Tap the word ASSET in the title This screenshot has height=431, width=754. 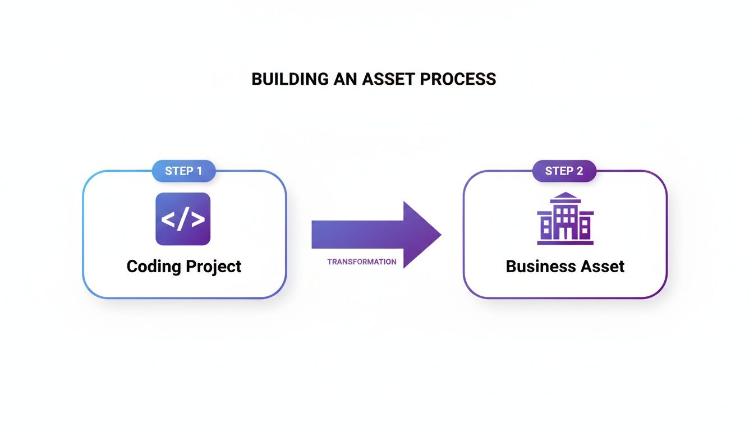387,79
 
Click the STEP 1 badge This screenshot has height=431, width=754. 183,171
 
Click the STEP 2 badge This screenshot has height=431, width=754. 564,171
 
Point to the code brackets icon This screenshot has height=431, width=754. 183,219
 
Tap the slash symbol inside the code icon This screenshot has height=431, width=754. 183,219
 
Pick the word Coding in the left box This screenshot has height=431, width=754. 153,266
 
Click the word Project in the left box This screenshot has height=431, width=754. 214,266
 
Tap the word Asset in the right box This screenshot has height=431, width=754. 604,266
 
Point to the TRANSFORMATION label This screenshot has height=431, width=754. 361,262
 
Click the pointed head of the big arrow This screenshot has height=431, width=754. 424,235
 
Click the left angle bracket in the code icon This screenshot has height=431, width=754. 168,219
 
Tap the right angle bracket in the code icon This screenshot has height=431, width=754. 197,219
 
